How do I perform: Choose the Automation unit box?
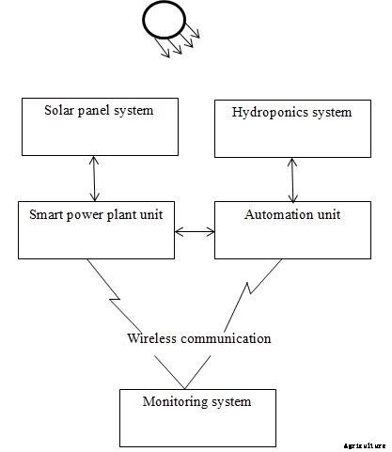292,227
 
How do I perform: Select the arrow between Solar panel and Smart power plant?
92,176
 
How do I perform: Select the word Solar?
61,110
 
